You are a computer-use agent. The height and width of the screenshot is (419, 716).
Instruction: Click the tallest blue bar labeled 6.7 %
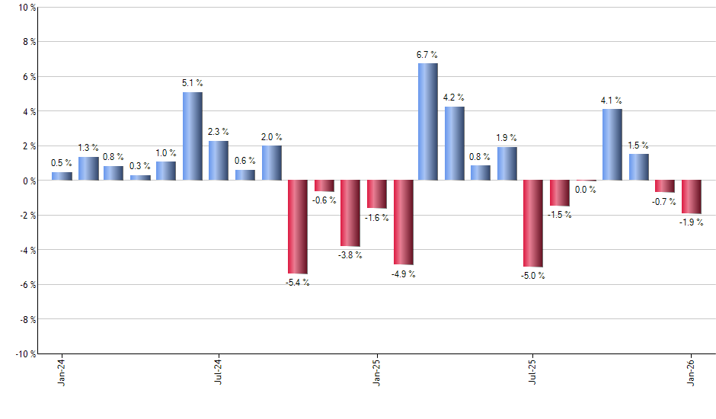(427, 122)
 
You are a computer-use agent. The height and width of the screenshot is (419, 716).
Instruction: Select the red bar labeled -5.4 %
(297, 226)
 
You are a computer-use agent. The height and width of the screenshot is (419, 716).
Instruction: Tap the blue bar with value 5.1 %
(192, 136)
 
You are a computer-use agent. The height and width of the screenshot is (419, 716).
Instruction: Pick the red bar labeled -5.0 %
(532, 223)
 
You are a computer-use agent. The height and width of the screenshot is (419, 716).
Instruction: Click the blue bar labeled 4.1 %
(612, 145)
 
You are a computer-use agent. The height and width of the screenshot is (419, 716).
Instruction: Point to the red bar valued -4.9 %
(403, 222)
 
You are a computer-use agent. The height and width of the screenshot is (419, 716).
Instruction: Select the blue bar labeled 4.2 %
(454, 143)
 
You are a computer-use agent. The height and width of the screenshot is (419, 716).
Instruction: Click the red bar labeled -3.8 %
(350, 213)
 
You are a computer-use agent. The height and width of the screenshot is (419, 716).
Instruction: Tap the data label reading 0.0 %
(586, 190)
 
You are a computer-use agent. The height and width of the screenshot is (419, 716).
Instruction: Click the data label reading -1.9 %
(692, 222)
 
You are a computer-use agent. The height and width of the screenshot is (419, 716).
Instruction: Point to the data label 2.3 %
(218, 132)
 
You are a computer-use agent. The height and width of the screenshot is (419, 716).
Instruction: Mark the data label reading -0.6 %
(324, 200)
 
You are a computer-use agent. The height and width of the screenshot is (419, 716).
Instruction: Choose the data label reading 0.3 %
(139, 166)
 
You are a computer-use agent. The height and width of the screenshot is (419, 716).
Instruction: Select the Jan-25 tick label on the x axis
(376, 373)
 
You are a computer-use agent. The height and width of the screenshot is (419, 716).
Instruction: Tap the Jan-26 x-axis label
(692, 373)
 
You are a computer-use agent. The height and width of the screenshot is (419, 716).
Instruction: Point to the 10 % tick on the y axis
(25, 8)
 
